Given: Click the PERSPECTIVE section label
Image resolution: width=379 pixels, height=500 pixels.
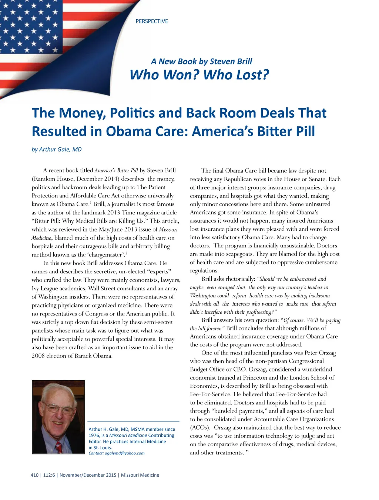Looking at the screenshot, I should tap(152, 21).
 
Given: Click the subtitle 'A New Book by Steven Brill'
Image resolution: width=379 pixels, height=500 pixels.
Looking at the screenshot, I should tap(201, 61).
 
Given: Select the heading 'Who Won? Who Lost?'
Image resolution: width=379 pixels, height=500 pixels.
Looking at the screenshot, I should tap(199, 75).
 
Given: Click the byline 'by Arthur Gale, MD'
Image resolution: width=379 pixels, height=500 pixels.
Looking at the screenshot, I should tap(57, 150).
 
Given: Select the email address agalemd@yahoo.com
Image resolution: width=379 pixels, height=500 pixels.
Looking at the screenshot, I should tap(125, 453).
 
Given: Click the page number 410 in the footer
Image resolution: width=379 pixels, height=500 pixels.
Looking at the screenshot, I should tap(35, 475).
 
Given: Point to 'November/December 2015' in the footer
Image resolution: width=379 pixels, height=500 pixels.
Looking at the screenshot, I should tap(88, 475).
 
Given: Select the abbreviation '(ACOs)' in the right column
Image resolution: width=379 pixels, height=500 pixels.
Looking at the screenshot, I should tap(200, 428).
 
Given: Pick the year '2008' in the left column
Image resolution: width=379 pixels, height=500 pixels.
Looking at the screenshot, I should tap(38, 356).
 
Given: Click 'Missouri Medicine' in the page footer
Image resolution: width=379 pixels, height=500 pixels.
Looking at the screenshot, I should tap(140, 475).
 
